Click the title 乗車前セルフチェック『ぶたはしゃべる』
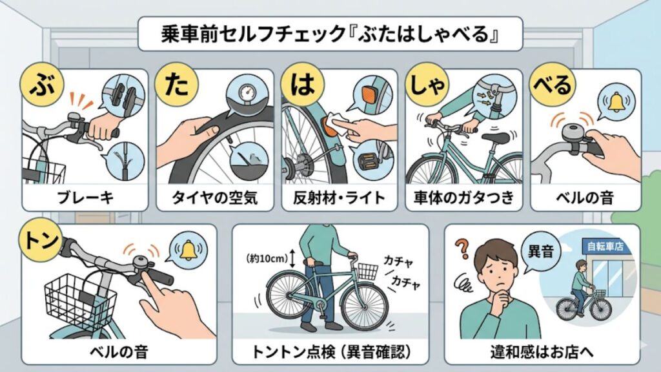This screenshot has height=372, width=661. [x=330, y=35]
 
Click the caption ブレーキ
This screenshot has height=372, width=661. [x=85, y=198]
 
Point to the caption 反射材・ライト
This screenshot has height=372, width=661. [x=337, y=198]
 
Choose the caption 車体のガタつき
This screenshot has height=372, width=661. [x=463, y=198]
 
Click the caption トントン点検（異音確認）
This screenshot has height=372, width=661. [x=330, y=352]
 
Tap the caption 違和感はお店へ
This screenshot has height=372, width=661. [x=542, y=352]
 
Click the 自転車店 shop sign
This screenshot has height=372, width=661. [x=605, y=246]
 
